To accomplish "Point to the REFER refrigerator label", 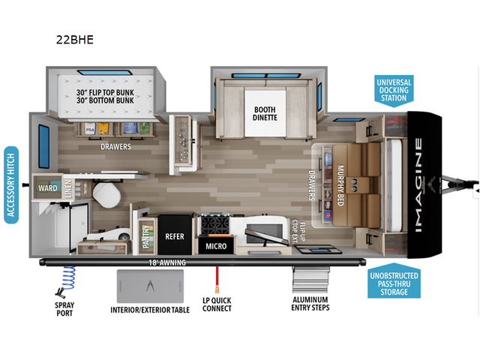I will (175, 236).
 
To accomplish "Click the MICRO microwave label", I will (216, 245).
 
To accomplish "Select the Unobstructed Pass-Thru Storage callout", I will (393, 283).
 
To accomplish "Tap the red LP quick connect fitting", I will (217, 286).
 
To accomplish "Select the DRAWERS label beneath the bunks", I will (116, 147).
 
